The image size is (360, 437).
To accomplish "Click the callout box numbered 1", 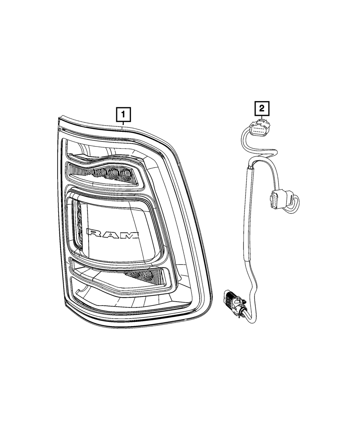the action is coord(123,115).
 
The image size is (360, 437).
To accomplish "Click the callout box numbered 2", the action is coord(262,108).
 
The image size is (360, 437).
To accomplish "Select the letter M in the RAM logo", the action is coord(130,235).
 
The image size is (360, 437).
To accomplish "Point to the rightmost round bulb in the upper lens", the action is coord(125,174).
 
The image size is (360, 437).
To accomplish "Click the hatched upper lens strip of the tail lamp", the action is coord(104,175).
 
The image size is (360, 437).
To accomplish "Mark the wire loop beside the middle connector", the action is coord(294,202).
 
